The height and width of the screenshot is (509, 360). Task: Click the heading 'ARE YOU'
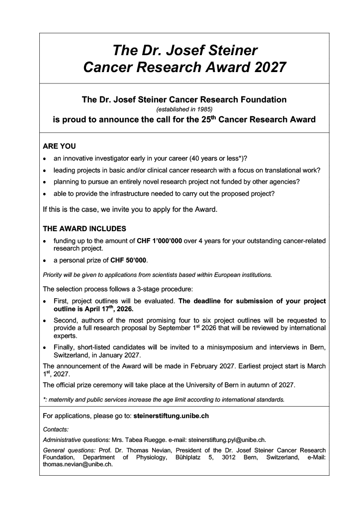[x=59, y=147]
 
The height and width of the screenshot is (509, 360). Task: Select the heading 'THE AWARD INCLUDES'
[x=85, y=229]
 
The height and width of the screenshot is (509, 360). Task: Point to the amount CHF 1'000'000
[x=159, y=241]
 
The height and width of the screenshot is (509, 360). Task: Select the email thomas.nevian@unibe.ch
[x=78, y=465]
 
